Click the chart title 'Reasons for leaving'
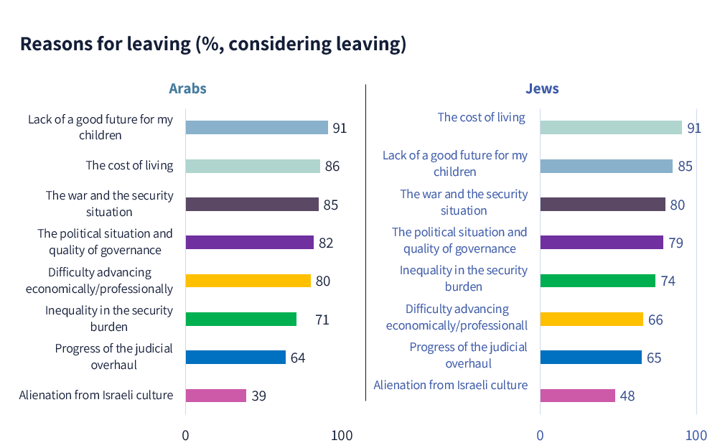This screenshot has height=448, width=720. point(212,44)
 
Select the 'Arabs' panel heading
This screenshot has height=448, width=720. point(187,89)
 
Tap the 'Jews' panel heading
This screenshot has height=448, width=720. point(542,89)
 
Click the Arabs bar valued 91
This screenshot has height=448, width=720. point(256,128)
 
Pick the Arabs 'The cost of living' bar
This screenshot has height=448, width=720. point(253,166)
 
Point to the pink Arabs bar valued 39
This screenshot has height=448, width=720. point(215,396)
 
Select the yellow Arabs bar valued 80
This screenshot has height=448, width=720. point(248,281)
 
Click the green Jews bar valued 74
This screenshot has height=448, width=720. point(597,281)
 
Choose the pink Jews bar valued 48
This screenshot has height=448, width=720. point(577,396)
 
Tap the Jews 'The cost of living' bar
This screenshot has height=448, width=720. point(610,128)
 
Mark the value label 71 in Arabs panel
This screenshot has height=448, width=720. point(322,319)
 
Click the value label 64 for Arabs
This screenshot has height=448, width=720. point(298,358)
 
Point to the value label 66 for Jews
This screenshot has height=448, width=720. point(655,319)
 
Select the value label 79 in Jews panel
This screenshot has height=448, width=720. point(675,243)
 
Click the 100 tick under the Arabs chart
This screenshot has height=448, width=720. point(342,435)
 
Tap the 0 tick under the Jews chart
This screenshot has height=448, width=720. point(540,435)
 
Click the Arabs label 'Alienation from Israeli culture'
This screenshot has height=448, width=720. point(96,395)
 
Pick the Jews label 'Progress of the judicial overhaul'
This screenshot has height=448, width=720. point(468,355)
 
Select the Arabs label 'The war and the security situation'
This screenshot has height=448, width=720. point(109,203)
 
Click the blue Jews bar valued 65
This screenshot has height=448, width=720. point(590,358)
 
